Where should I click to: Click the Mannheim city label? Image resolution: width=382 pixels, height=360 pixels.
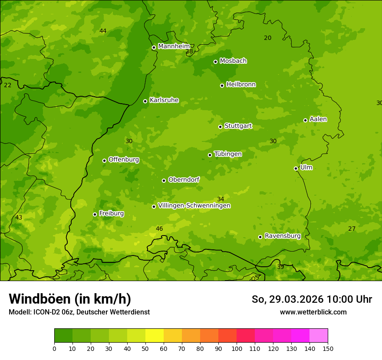point(174,46)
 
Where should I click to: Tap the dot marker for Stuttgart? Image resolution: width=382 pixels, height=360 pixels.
point(220,127)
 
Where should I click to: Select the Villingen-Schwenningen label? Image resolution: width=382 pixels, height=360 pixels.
point(194,206)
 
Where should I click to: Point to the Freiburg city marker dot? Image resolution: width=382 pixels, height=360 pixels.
point(95,214)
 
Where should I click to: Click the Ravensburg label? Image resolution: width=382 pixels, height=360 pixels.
point(282,236)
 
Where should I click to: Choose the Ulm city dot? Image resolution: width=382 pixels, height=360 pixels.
point(296,168)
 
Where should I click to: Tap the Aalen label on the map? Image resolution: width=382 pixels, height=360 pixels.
point(318,119)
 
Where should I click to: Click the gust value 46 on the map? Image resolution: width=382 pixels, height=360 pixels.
point(159,229)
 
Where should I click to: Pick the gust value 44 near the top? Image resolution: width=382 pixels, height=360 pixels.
point(103,31)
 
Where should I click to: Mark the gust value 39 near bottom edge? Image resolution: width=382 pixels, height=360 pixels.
point(280,267)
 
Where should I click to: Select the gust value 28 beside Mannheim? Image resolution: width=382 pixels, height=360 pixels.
point(189,52)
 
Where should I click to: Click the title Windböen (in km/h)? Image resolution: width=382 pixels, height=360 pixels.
point(70,299)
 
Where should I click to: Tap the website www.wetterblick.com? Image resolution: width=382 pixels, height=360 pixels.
point(313,312)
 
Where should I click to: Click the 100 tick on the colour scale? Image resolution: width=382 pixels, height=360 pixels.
point(237,348)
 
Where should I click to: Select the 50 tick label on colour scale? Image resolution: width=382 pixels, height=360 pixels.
point(145,348)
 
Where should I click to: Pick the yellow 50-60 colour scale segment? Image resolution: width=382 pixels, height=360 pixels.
point(155,336)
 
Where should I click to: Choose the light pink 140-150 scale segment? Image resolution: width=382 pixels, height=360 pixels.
point(319,336)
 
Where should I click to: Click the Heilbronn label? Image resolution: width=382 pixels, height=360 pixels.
point(240,85)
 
